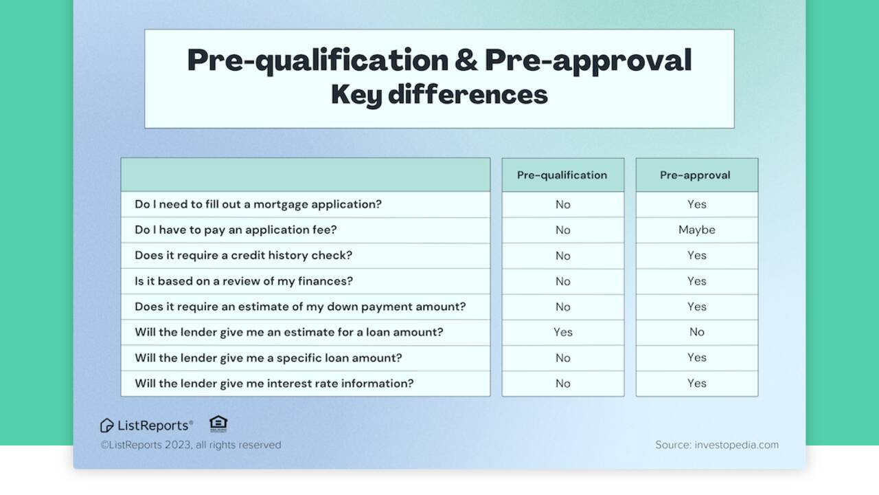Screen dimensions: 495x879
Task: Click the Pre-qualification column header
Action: coord(562,175)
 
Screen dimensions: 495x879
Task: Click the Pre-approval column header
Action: coord(695,175)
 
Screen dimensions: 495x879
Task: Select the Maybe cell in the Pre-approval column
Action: coord(696,230)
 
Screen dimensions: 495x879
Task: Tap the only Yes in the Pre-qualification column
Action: coord(562,332)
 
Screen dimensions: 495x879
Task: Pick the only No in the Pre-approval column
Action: coord(696,332)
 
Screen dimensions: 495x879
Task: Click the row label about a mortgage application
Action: coord(258,204)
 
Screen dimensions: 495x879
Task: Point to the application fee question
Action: coord(236,230)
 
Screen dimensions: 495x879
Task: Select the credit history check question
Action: coord(243,255)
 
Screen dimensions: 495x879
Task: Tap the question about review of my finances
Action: coord(244,281)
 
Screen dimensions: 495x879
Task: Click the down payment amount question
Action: coord(300,307)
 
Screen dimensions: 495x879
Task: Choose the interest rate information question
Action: coord(274,384)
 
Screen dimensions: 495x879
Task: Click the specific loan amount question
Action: coord(268,357)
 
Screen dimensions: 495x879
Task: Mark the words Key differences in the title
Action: coord(439,95)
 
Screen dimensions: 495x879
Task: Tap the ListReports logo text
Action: coord(155,426)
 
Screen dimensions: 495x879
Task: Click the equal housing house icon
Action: coord(218,423)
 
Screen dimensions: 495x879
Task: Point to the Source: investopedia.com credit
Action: coord(716,445)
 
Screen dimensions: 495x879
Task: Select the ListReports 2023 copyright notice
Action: coord(190,445)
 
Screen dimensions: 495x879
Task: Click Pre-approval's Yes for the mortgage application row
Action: coord(696,204)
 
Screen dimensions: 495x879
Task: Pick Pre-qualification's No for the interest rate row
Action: coord(562,384)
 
